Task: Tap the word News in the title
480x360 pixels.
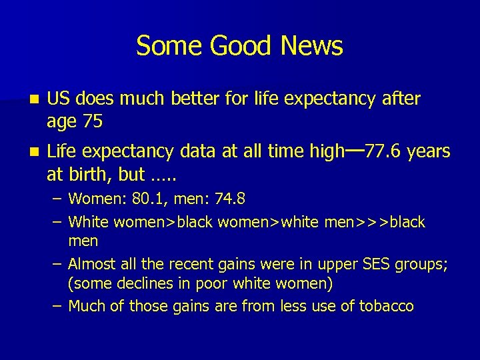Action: (312, 46)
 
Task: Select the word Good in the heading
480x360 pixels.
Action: (237, 46)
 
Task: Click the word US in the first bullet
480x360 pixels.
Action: (59, 99)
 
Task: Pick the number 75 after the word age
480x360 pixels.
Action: (92, 122)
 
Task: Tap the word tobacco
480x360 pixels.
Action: (389, 307)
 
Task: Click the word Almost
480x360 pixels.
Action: (91, 265)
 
